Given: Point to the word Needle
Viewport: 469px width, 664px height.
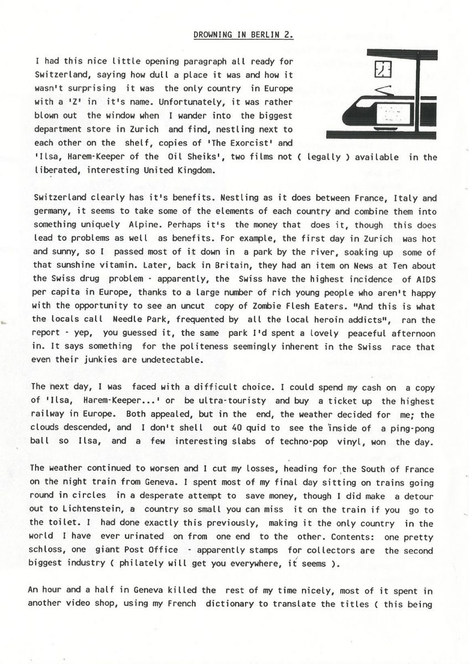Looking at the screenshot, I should point(128,320).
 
